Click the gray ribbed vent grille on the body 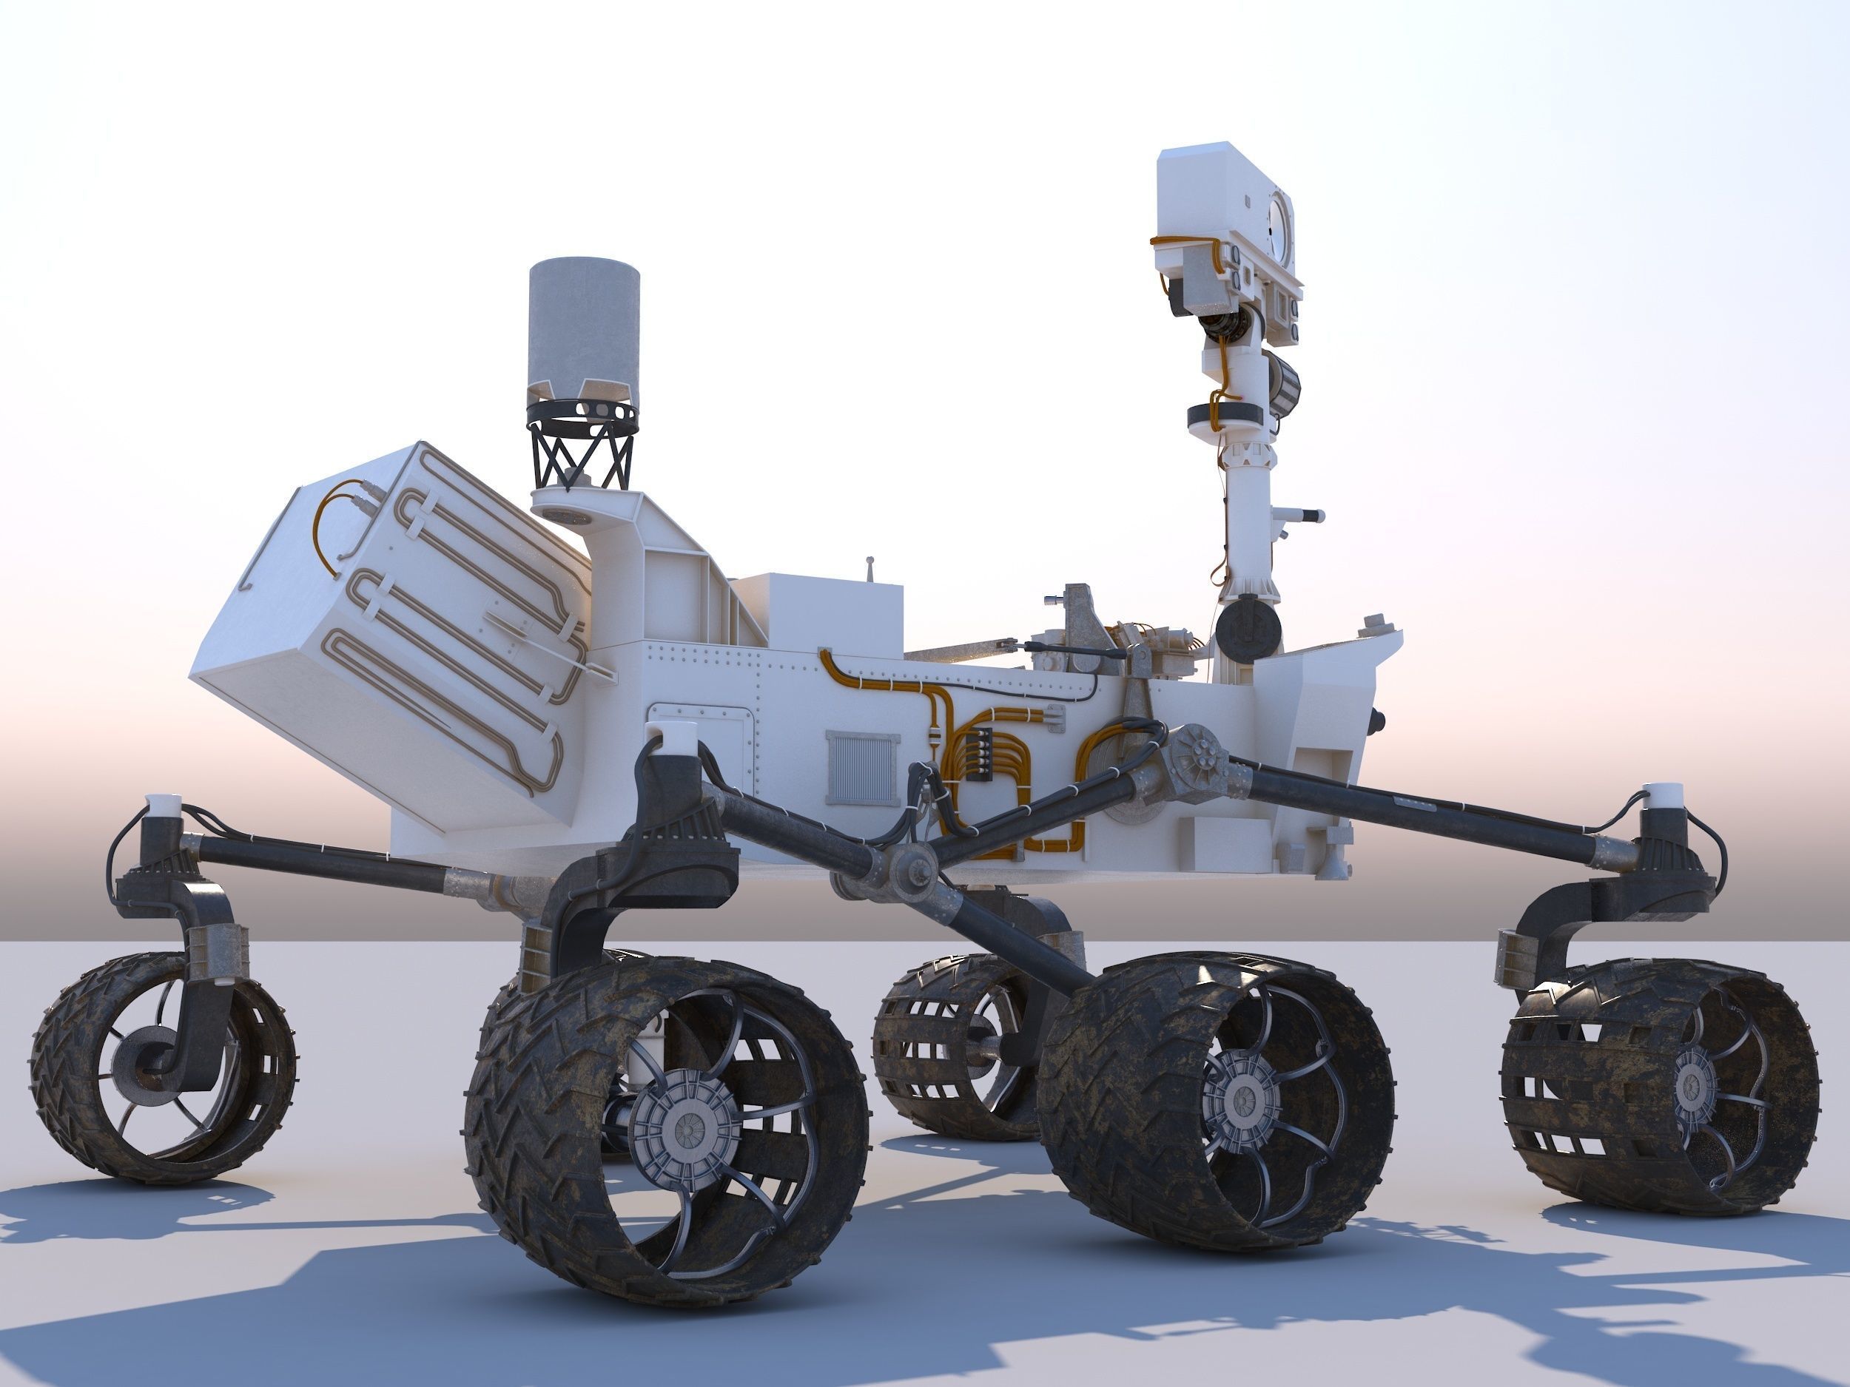pos(862,768)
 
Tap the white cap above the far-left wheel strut pos(162,805)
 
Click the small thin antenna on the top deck pos(869,569)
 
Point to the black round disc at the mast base pos(1248,628)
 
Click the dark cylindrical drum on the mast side pos(1284,385)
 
